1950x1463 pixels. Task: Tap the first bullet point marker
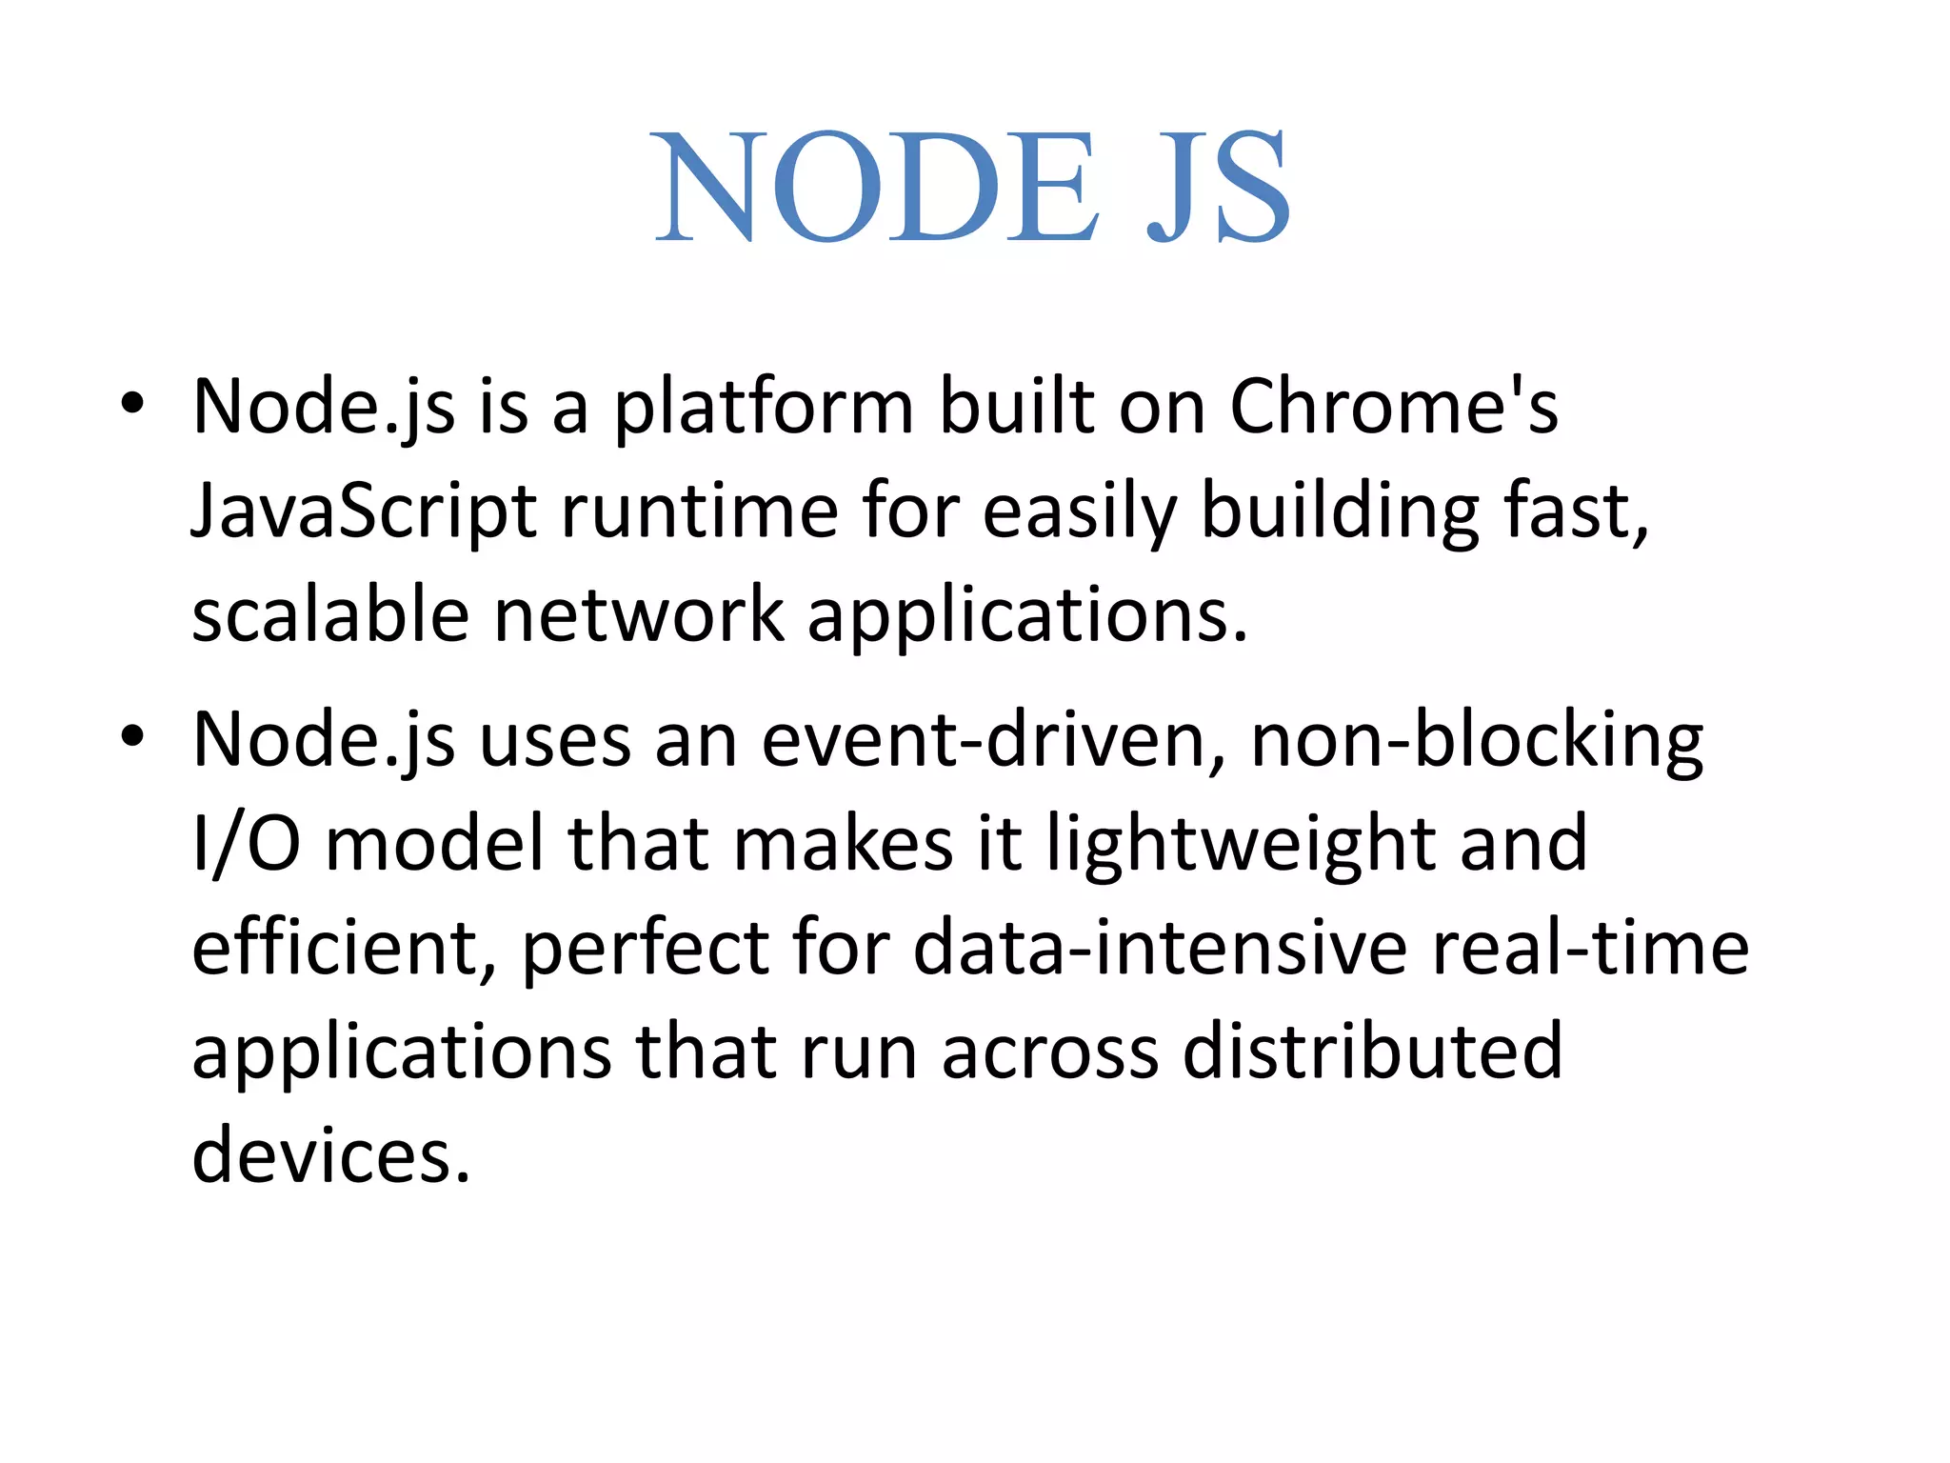pos(132,404)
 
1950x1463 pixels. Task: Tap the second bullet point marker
pos(132,736)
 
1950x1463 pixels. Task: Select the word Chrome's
pos(1393,408)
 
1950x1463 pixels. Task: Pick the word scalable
pos(330,616)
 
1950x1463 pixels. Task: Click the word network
pos(639,616)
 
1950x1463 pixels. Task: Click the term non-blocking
pos(1477,740)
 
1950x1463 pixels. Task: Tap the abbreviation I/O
pos(247,844)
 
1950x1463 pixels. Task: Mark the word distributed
pos(1372,1052)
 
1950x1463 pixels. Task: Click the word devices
pos(331,1155)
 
